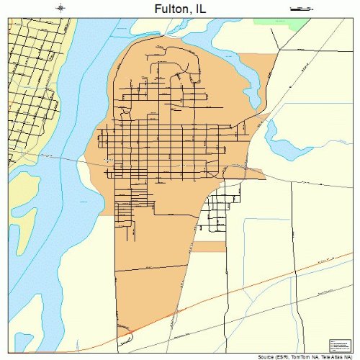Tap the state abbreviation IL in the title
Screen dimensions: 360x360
click(x=200, y=8)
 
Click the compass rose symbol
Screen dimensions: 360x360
click(x=62, y=8)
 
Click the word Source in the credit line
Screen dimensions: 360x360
click(x=267, y=356)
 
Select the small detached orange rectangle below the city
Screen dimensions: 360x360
click(x=209, y=246)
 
